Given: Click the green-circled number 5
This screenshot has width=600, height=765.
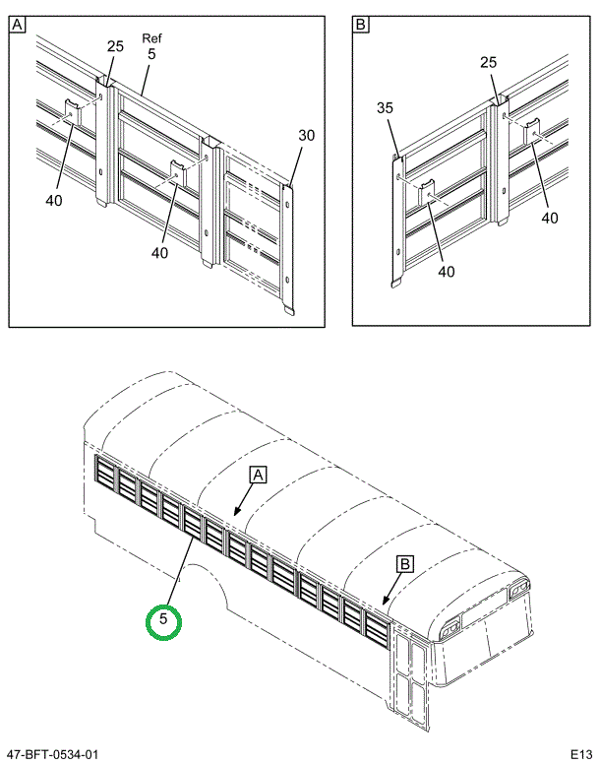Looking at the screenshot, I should tap(164, 620).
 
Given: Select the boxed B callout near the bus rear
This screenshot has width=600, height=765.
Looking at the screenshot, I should tap(404, 564).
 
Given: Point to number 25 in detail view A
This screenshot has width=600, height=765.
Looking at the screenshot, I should tap(115, 47).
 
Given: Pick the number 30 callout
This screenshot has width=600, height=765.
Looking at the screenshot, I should tap(306, 136).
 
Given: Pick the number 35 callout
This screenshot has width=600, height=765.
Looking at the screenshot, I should tap(385, 108).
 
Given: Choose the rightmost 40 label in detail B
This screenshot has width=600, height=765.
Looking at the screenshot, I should tap(549, 219).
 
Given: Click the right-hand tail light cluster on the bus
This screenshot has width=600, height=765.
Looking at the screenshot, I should tap(516, 591).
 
